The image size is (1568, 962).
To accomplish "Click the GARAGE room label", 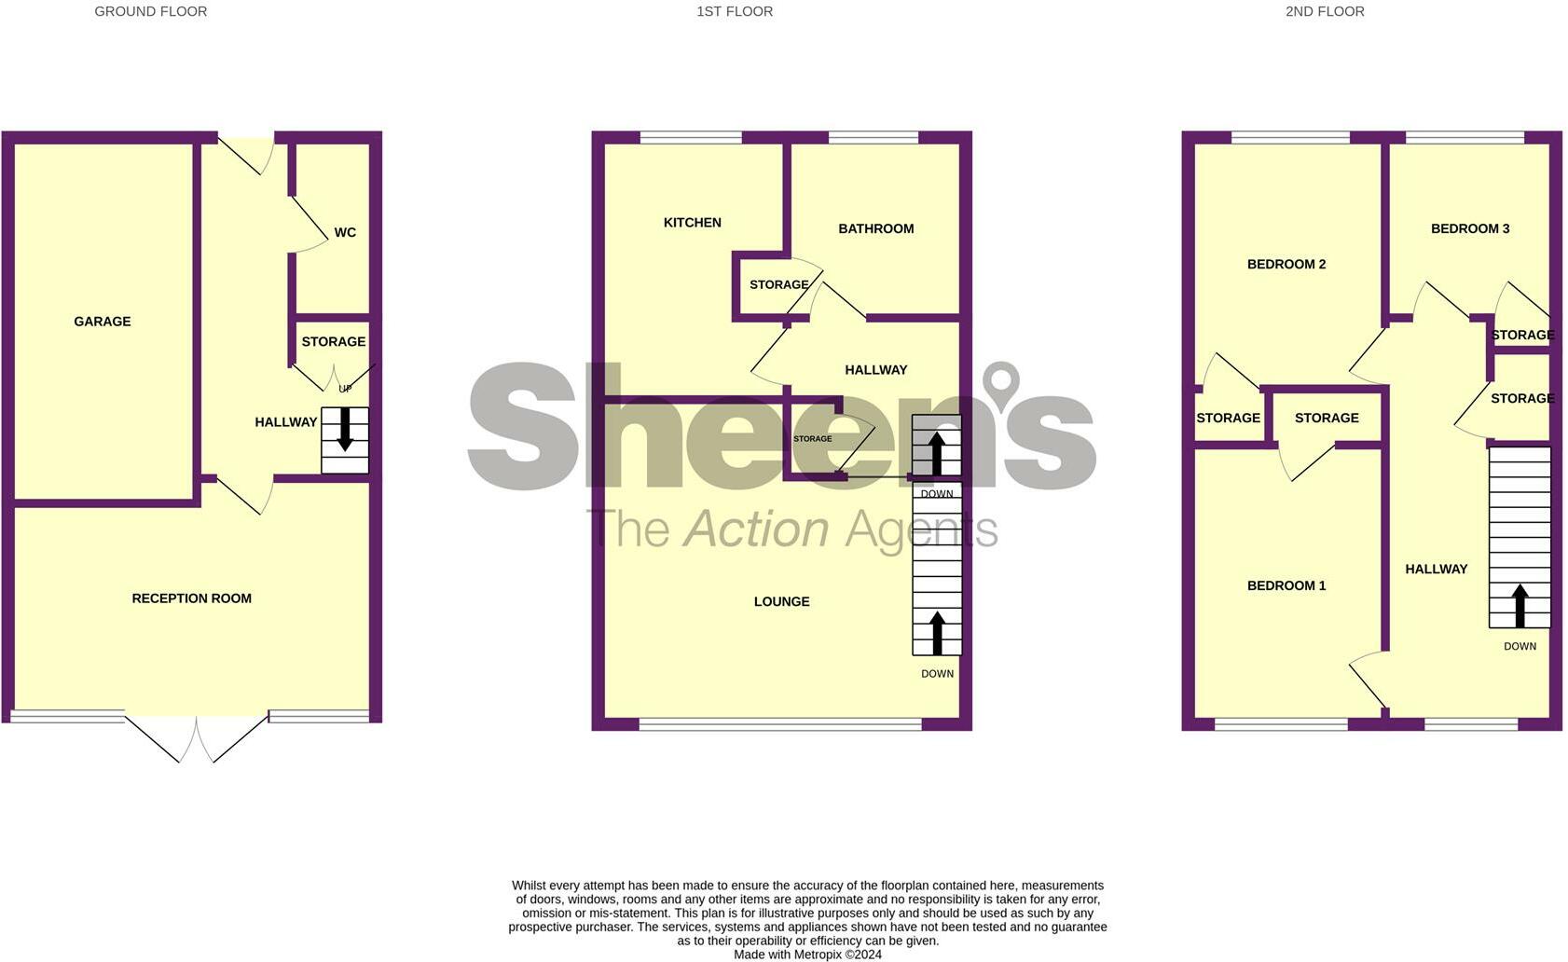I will click(103, 322).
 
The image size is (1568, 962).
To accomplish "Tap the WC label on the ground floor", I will click(345, 232).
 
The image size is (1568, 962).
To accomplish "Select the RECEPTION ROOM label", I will click(192, 598).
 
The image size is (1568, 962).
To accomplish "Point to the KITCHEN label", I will click(693, 223).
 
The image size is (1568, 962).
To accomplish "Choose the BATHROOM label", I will click(875, 228).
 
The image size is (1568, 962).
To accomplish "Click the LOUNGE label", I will click(781, 602).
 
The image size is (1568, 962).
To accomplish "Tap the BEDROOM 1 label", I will click(1286, 585).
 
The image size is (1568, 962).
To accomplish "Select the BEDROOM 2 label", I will click(1286, 264).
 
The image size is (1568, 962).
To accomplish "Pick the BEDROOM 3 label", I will click(1470, 228).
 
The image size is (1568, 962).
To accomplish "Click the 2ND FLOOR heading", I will click(1325, 12).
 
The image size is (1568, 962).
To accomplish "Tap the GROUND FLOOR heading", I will click(151, 12).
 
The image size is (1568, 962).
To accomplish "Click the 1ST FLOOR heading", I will click(735, 12).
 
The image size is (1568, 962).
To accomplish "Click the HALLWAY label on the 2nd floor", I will click(1437, 569).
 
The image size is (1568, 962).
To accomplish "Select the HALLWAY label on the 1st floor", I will click(875, 370).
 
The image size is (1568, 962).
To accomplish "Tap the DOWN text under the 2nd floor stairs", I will click(1520, 646).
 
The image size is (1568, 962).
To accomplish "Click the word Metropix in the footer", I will click(818, 955).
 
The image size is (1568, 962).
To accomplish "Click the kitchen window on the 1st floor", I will click(691, 138).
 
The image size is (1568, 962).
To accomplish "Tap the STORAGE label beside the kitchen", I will click(778, 284).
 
